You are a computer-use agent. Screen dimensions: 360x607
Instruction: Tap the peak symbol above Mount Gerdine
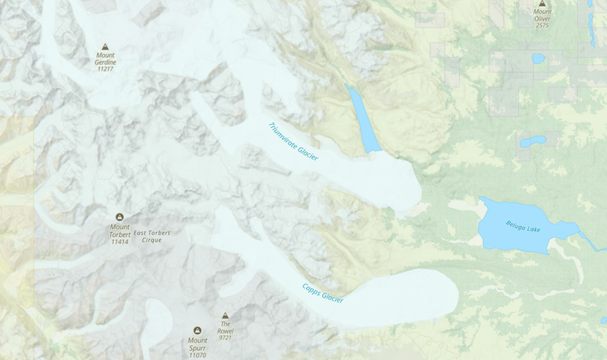pyautogui.click(x=105, y=47)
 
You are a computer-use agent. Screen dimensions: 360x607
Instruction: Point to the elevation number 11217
pyautogui.click(x=106, y=69)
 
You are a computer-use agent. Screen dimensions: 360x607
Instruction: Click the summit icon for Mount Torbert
pyautogui.click(x=120, y=216)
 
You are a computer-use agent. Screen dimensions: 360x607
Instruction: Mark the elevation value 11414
pyautogui.click(x=120, y=242)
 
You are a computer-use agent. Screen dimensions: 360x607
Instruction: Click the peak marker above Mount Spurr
pyautogui.click(x=197, y=330)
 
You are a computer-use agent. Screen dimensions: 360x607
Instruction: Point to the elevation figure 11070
pyautogui.click(x=197, y=355)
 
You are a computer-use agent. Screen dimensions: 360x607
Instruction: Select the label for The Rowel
pyautogui.click(x=225, y=328)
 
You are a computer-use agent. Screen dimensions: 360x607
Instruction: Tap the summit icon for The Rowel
pyautogui.click(x=225, y=316)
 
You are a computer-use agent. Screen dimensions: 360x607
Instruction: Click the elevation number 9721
pyautogui.click(x=225, y=338)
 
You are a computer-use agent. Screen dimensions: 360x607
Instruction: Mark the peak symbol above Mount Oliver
pyautogui.click(x=542, y=3)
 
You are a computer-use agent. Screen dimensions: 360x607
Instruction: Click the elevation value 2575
pyautogui.click(x=542, y=25)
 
